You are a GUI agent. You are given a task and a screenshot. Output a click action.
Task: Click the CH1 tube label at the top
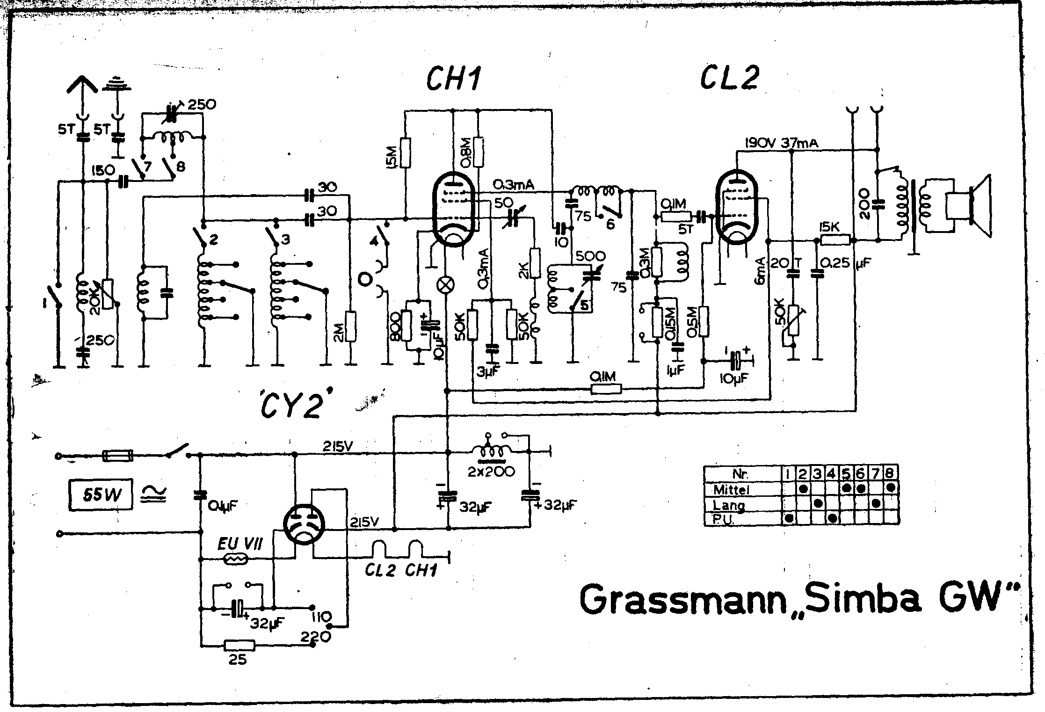click(x=452, y=80)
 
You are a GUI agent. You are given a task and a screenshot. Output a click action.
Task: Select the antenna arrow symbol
click(x=83, y=86)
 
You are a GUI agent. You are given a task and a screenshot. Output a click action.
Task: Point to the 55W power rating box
click(x=101, y=494)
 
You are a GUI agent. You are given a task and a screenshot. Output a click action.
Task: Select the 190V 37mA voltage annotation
click(x=781, y=143)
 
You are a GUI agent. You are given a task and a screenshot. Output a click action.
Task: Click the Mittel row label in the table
click(x=732, y=490)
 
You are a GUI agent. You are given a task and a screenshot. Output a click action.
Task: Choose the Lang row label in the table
click(x=728, y=505)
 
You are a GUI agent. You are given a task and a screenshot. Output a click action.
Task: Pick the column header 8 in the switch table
click(x=890, y=474)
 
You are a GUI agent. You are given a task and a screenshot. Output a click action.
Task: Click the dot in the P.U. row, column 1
click(x=789, y=518)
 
